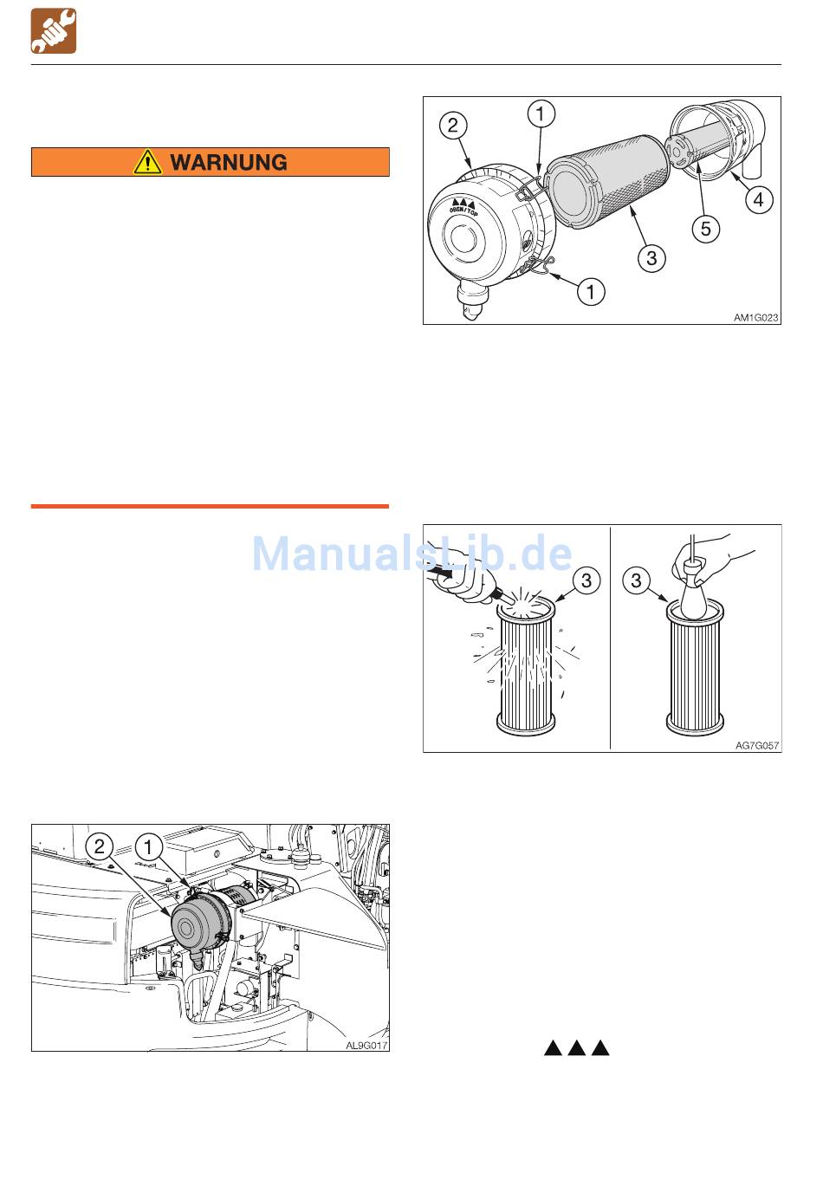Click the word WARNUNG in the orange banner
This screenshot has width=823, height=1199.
229,162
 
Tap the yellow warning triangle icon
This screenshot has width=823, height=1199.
147,162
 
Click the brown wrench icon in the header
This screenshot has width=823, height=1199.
54,31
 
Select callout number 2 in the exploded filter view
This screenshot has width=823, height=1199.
453,126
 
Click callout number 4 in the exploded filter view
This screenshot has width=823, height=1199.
759,200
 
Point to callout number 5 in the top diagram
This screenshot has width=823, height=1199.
706,229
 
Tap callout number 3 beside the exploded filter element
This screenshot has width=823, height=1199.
651,258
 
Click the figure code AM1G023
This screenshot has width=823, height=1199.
755,317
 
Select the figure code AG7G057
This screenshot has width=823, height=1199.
756,745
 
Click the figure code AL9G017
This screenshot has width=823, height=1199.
366,1045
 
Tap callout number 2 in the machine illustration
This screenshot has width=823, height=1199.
100,846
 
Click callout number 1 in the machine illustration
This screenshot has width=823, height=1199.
148,846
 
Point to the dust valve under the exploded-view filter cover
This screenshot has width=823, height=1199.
471,301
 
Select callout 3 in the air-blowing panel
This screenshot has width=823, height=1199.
586,580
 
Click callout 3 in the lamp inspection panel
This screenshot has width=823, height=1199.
636,580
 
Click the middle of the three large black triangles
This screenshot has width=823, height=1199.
577,1047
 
